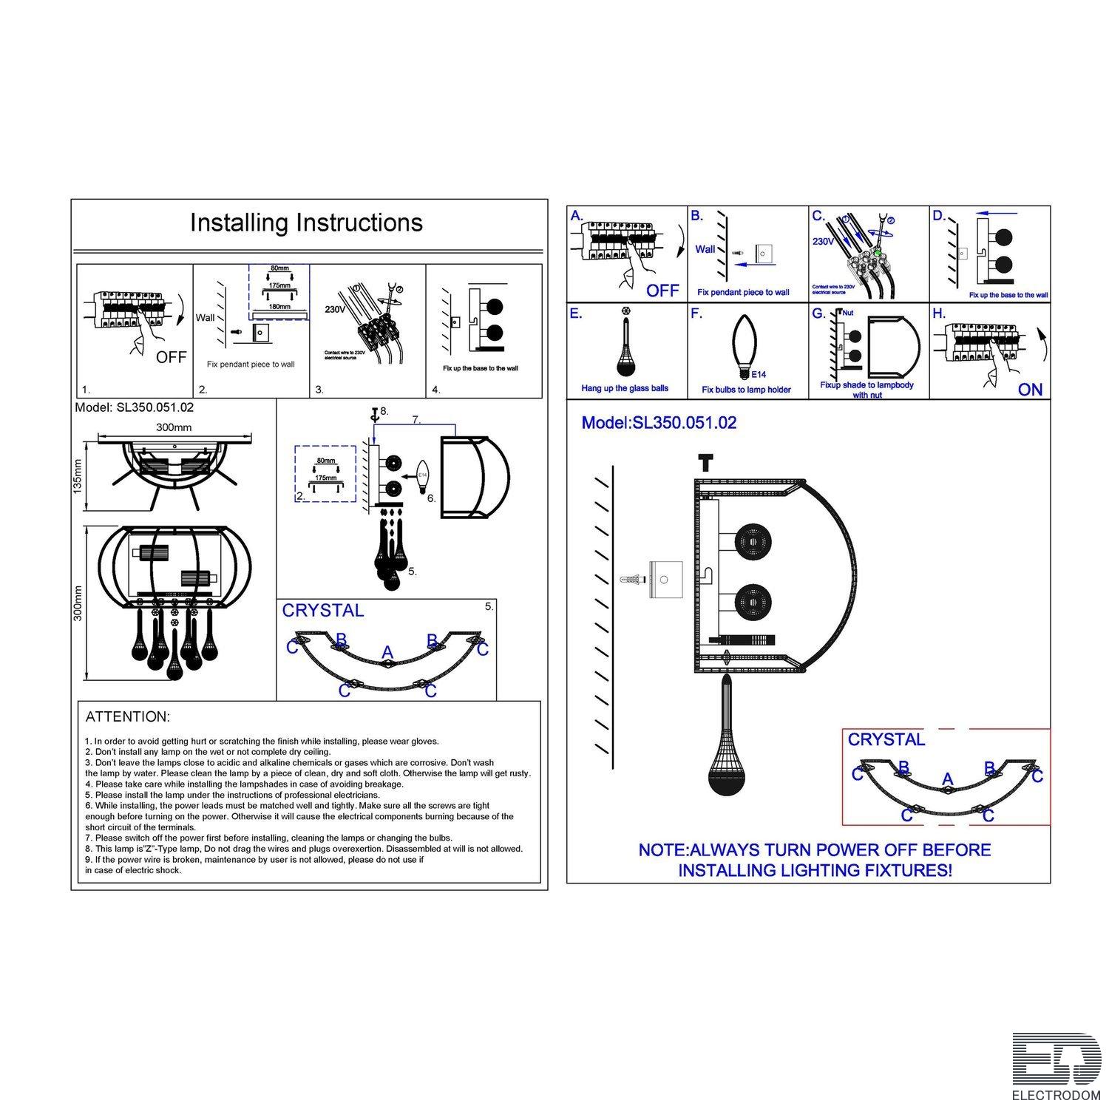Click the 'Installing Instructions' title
[x=306, y=223]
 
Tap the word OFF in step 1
[x=171, y=358]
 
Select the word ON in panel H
[x=1030, y=390]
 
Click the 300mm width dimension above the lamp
[x=174, y=427]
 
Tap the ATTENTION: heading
[x=128, y=716]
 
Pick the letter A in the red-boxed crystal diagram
[x=948, y=780]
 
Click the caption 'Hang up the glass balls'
[x=625, y=388]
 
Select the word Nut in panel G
[x=848, y=313]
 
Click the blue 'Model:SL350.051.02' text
[x=659, y=423]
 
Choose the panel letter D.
[x=939, y=216]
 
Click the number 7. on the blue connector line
[x=416, y=420]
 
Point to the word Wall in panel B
[x=705, y=249]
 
